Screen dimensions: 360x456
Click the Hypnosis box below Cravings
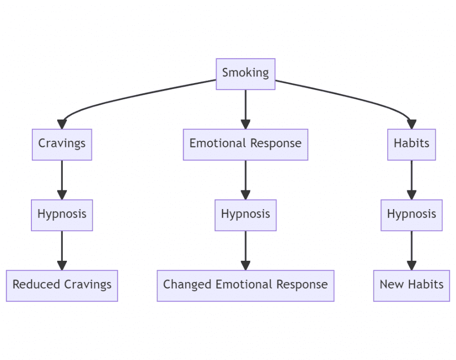tap(62, 215)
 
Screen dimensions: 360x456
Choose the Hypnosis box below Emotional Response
tap(245, 215)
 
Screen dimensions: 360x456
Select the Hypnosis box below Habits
tap(411, 215)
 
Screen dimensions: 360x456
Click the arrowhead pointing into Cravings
tap(62, 125)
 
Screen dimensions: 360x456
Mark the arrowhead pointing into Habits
tap(411, 125)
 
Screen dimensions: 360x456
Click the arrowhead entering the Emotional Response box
tap(245, 125)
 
